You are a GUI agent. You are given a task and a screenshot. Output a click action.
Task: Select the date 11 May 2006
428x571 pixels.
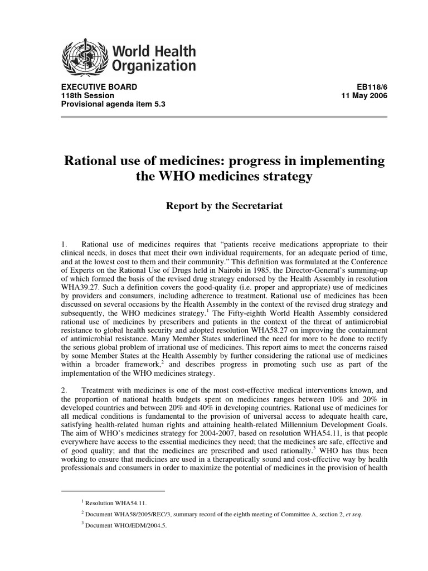tap(364, 95)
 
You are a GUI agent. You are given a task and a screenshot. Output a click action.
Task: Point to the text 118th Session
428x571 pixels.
tap(84, 95)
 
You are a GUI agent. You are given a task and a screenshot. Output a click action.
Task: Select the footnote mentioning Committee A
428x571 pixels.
tap(223, 514)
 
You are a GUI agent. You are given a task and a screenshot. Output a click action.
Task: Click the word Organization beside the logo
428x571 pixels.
tap(154, 67)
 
